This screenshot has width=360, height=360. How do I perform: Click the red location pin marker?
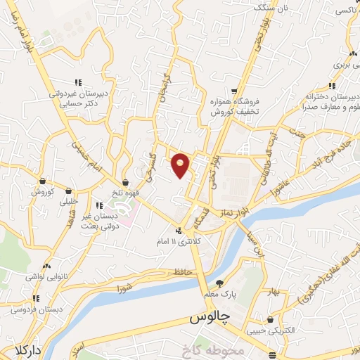click(x=181, y=165)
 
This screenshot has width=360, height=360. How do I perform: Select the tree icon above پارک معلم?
click(x=219, y=283)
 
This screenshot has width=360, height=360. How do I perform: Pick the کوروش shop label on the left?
click(x=42, y=191)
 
